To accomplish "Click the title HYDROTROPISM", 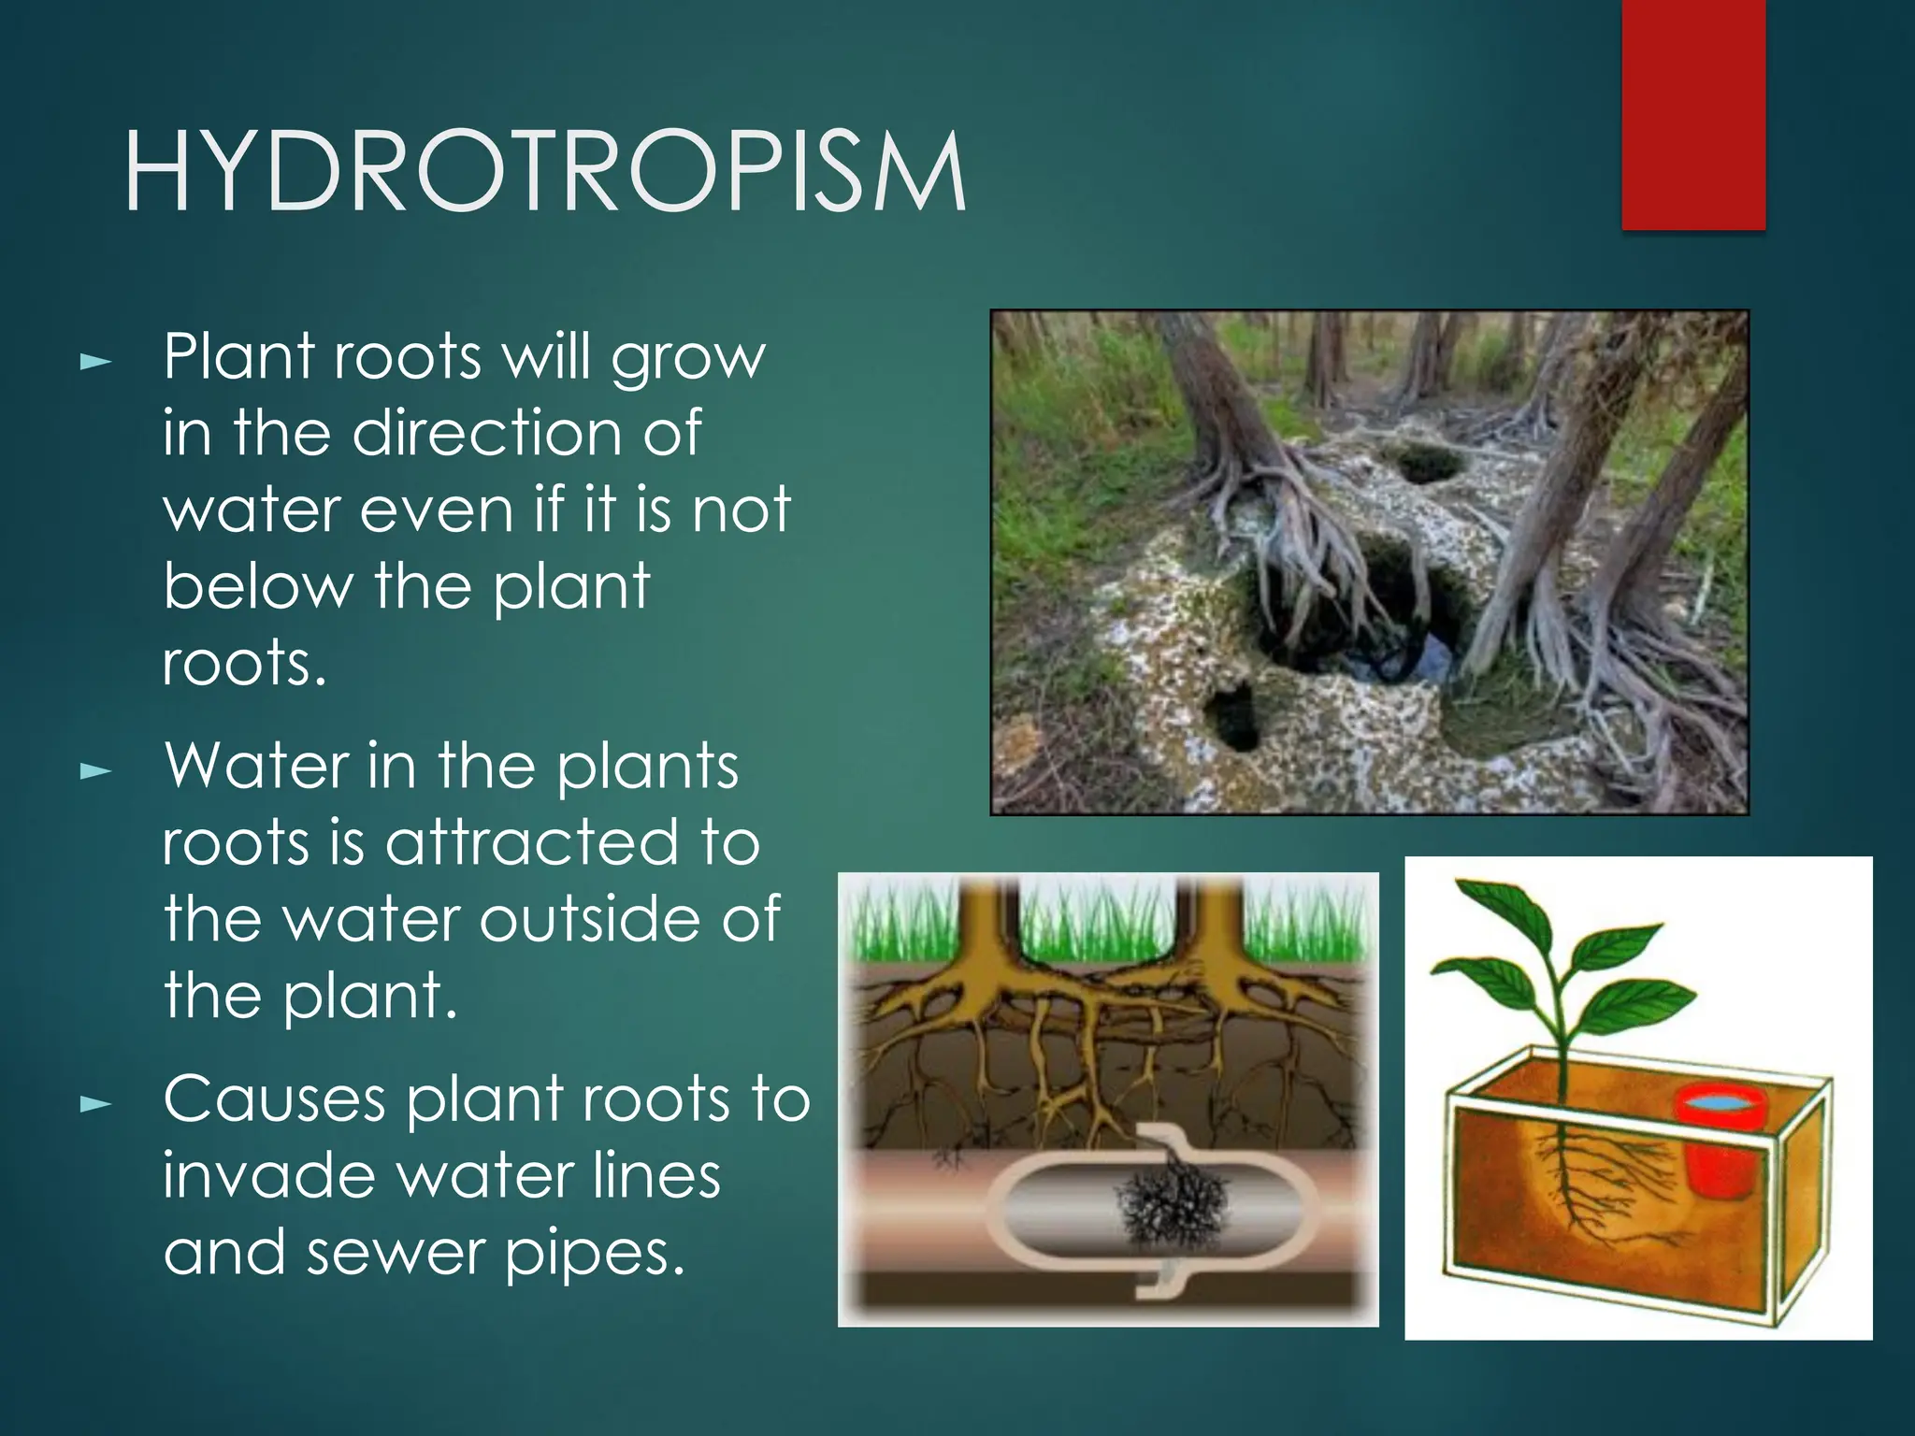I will click(545, 172).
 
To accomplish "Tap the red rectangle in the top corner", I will click(1692, 114).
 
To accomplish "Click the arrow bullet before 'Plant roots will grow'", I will click(95, 361).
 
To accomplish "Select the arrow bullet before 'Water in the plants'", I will click(95, 771).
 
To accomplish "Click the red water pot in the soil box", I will click(1719, 1142).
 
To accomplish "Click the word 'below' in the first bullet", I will click(258, 586).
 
